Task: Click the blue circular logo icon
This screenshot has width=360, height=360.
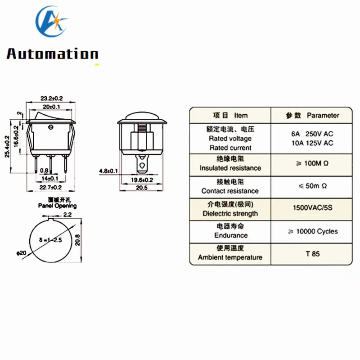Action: pos(51,21)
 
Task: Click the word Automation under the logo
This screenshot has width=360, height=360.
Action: pos(53,54)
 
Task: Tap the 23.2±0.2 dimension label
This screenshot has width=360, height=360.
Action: pos(52,98)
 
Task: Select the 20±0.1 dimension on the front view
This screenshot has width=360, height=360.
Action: pos(51,107)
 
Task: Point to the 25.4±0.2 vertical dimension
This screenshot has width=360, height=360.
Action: pos(7,147)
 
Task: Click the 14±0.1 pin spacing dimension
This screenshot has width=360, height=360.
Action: pos(50,178)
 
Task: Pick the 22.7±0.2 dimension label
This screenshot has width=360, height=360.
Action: pos(50,187)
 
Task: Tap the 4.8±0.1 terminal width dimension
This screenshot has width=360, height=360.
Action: pos(108,171)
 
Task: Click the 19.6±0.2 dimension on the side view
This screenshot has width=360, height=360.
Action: pos(142,180)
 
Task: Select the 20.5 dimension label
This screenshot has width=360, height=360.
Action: pos(142,188)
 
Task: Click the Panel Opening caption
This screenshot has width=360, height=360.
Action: pos(58,206)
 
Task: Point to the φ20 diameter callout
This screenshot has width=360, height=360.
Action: pos(21,253)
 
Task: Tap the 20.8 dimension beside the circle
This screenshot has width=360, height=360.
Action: pos(77,240)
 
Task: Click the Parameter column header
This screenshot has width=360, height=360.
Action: pos(323,115)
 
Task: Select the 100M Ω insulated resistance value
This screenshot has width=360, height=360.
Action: pos(312,163)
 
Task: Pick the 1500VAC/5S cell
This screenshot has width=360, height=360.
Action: pos(312,208)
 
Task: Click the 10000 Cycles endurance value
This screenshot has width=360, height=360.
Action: pos(313,231)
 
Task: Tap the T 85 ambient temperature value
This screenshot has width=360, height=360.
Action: pos(312,254)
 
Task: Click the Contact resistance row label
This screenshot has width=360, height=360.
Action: pos(230,191)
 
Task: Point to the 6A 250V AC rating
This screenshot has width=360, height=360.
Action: pos(312,134)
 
